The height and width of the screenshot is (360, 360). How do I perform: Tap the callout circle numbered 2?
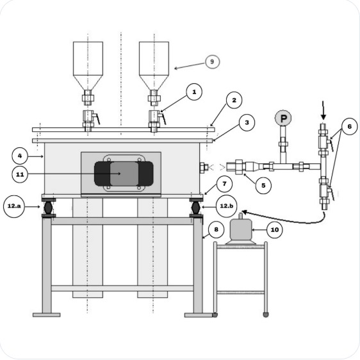coord(234,101)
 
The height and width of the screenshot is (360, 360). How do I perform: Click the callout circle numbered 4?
coord(20,155)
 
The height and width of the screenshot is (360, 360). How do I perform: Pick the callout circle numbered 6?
coord(349,127)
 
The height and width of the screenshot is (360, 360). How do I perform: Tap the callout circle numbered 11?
coord(20,174)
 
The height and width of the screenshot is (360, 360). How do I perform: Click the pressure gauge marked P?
coord(282,119)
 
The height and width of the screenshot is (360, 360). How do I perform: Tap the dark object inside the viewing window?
coord(124,173)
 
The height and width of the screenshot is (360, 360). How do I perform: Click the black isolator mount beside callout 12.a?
coord(48,208)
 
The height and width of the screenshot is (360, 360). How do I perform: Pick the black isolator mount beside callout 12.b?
coord(196,208)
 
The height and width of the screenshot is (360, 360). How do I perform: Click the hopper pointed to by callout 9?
coord(154,64)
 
